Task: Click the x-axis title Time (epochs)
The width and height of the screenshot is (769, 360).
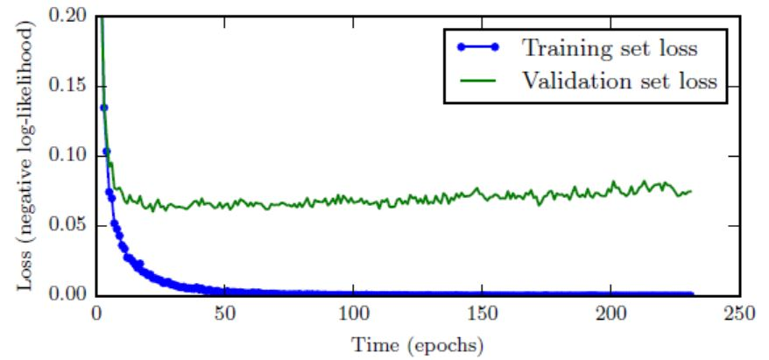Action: [x=417, y=344]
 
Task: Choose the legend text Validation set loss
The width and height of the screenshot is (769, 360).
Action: [x=620, y=81]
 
